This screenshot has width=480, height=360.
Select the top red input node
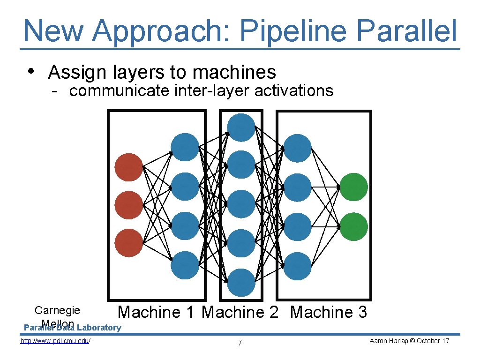pos(128,167)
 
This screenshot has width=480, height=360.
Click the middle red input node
pos(128,205)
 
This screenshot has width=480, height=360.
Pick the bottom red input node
pos(128,243)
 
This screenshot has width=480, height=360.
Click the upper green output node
pos(354,187)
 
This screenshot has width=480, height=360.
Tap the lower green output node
pos(354,226)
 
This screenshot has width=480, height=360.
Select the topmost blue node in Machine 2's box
pos(241,127)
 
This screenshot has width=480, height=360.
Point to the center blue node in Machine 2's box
pos(241,204)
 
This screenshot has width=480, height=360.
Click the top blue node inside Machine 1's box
pos(185,147)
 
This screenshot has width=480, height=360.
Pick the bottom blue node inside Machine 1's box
pos(185,265)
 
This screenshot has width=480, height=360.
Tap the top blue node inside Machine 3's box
pos(297,148)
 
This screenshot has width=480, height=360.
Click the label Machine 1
pos(156,312)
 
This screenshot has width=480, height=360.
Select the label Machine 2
pos(240,312)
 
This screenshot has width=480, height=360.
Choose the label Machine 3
pos(329,312)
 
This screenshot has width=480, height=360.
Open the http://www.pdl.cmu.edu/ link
pos(55,341)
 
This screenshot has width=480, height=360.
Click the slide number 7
pos(240,343)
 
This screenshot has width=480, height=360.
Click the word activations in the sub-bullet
pos(294,90)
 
